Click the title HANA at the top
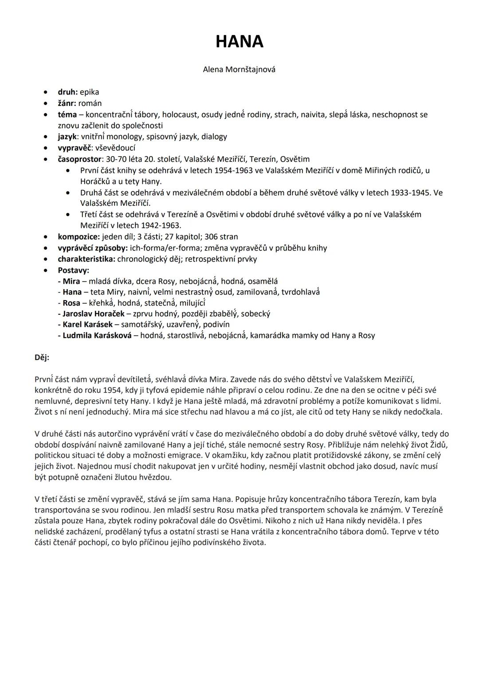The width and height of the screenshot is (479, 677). tap(239, 42)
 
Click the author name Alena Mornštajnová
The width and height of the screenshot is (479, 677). tap(239, 69)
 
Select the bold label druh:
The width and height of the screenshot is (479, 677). tap(67, 92)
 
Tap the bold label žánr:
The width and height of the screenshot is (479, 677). tap(67, 103)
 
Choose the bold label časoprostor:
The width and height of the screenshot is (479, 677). tap(80, 159)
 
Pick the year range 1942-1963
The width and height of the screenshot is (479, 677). tap(157, 226)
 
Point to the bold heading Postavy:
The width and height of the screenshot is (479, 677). tap(73, 270)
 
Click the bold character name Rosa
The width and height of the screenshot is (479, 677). tap(71, 303)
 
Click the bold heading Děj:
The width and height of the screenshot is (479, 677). tap(42, 357)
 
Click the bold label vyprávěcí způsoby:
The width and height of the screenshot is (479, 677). tap(93, 248)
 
